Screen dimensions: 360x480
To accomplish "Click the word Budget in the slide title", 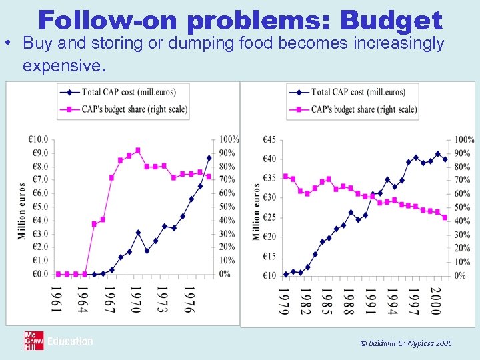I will click(x=391, y=20).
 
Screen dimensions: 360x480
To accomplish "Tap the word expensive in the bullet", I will click(x=63, y=67).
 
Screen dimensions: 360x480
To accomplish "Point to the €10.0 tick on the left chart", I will click(x=37, y=139).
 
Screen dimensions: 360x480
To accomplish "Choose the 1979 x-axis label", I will click(x=285, y=302).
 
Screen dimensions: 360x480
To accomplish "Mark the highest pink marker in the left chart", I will click(x=138, y=151).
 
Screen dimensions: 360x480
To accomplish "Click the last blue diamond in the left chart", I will click(x=209, y=158).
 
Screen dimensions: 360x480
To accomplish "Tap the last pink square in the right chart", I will click(x=445, y=217).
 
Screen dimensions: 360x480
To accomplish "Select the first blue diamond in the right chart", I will click(x=285, y=274).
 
